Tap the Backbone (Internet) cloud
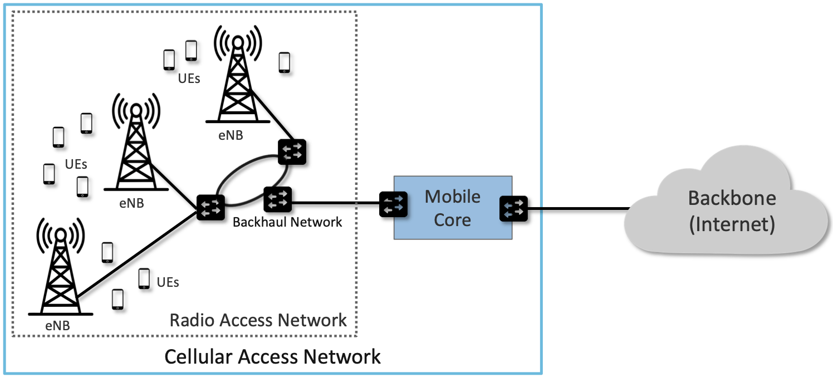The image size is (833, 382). pyautogui.click(x=731, y=212)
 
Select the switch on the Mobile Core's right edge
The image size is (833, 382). pyautogui.click(x=513, y=209)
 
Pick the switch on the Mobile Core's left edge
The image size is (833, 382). pyautogui.click(x=394, y=205)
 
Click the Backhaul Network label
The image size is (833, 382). pyautogui.click(x=287, y=222)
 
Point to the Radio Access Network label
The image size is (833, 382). pyautogui.click(x=258, y=320)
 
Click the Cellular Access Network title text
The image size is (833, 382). pyautogui.click(x=272, y=356)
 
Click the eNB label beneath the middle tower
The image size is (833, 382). pyautogui.click(x=131, y=203)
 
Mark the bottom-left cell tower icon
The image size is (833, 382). pyautogui.click(x=60, y=267)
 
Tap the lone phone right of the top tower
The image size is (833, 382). pyautogui.click(x=284, y=62)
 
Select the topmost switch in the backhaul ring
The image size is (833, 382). pyautogui.click(x=292, y=151)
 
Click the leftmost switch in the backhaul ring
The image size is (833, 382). pyautogui.click(x=210, y=208)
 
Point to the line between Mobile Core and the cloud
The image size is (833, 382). pyautogui.click(x=576, y=209)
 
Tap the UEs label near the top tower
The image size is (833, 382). pyautogui.click(x=189, y=79)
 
